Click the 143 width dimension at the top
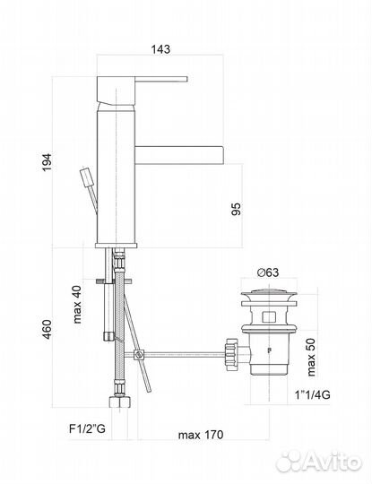[x=160, y=49]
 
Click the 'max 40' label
[x=78, y=304]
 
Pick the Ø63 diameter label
[x=266, y=272]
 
